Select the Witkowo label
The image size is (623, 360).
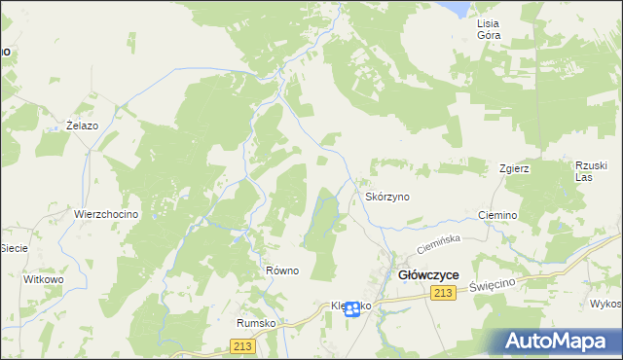point(43,279)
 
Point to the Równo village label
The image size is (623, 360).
point(281,270)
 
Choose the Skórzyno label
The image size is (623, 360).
point(386,197)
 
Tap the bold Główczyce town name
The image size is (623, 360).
point(429,275)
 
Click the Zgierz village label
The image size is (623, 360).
point(514,167)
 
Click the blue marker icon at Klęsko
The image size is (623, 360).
point(352,308)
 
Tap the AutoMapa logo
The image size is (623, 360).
point(559,342)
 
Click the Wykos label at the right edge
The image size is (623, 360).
point(605,303)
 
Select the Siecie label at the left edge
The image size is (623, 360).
point(14,248)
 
